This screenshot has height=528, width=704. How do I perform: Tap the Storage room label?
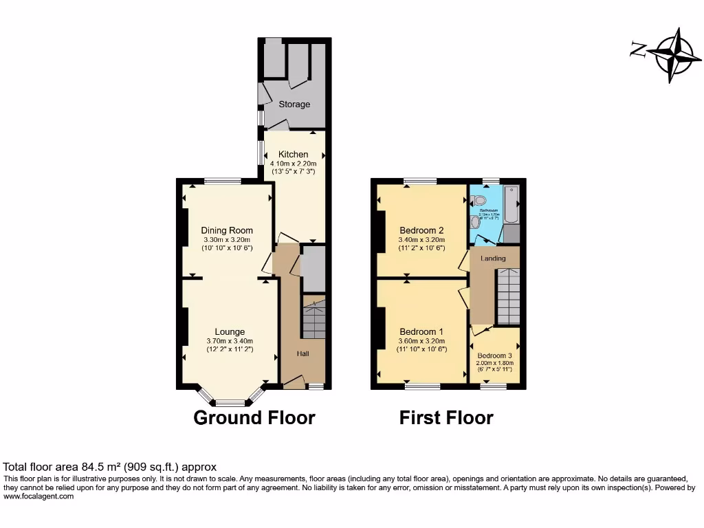[x=294, y=104]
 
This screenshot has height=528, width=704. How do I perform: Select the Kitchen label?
[x=293, y=154]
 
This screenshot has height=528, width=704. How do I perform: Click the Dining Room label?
[x=227, y=230]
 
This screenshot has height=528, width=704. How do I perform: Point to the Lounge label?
[x=230, y=331]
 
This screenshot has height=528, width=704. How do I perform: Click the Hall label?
[x=302, y=353]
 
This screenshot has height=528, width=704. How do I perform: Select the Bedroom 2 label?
[x=421, y=230]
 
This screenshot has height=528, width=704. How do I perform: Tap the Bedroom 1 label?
[x=421, y=331]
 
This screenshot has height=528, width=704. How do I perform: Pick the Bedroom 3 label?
[x=494, y=355]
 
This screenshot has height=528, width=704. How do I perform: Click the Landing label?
[x=493, y=258]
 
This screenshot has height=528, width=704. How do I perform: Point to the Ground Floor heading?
[x=254, y=417]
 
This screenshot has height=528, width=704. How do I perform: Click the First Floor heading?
[x=446, y=417]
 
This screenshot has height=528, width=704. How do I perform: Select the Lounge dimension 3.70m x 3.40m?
[x=230, y=341]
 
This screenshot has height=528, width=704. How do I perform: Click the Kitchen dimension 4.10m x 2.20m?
[x=293, y=164]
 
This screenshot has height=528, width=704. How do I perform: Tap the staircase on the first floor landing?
[x=508, y=296]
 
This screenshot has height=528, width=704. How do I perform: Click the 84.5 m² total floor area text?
[x=110, y=467]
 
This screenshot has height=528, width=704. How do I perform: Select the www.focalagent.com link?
[x=38, y=496]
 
